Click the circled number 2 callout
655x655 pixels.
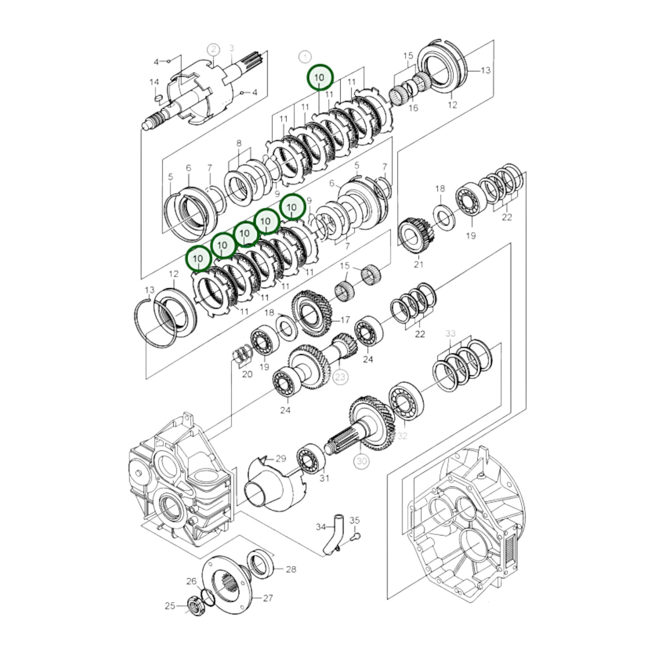pyautogui.click(x=213, y=50)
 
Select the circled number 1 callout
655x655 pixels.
pyautogui.click(x=305, y=57)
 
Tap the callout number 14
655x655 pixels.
pyautogui.click(x=154, y=82)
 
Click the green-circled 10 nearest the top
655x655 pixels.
pyautogui.click(x=320, y=78)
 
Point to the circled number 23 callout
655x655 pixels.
pyautogui.click(x=340, y=377)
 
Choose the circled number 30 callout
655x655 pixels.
pyautogui.click(x=361, y=461)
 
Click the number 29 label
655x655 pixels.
pyautogui.click(x=281, y=458)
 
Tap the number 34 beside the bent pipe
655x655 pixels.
pyautogui.click(x=321, y=527)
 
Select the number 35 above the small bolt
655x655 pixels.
pyautogui.click(x=354, y=520)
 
